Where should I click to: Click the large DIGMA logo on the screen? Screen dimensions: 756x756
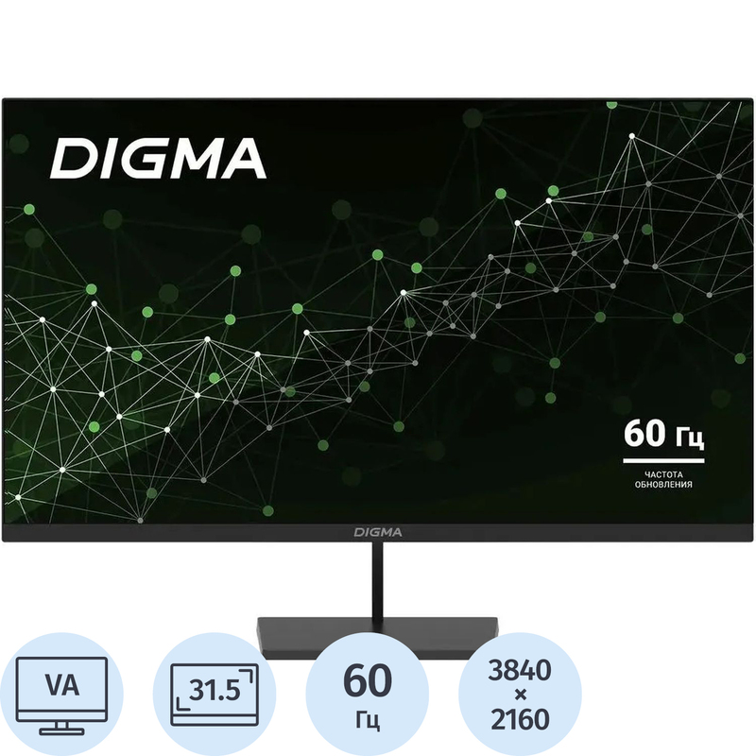point(158,158)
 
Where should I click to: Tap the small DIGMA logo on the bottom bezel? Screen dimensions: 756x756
point(378,532)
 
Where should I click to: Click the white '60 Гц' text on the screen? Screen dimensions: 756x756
point(663,435)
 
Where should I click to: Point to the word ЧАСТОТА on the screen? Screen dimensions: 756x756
point(663,475)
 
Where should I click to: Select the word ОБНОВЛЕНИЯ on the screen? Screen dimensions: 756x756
point(663,485)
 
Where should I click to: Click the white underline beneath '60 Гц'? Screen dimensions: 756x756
point(663,461)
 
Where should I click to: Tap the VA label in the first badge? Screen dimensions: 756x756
point(62,685)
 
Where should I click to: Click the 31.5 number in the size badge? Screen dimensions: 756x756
point(215,691)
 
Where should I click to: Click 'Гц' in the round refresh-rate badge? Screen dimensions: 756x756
point(368,719)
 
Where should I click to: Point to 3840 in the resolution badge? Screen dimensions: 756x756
point(520,670)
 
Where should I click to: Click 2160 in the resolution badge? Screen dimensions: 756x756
point(520,719)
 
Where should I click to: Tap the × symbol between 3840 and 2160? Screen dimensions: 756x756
point(520,695)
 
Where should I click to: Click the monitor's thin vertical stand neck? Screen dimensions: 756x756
point(377,580)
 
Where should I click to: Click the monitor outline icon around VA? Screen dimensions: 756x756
point(62,696)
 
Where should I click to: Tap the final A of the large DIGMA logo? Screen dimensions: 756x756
point(245,159)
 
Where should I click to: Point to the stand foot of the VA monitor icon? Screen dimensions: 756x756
point(62,728)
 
